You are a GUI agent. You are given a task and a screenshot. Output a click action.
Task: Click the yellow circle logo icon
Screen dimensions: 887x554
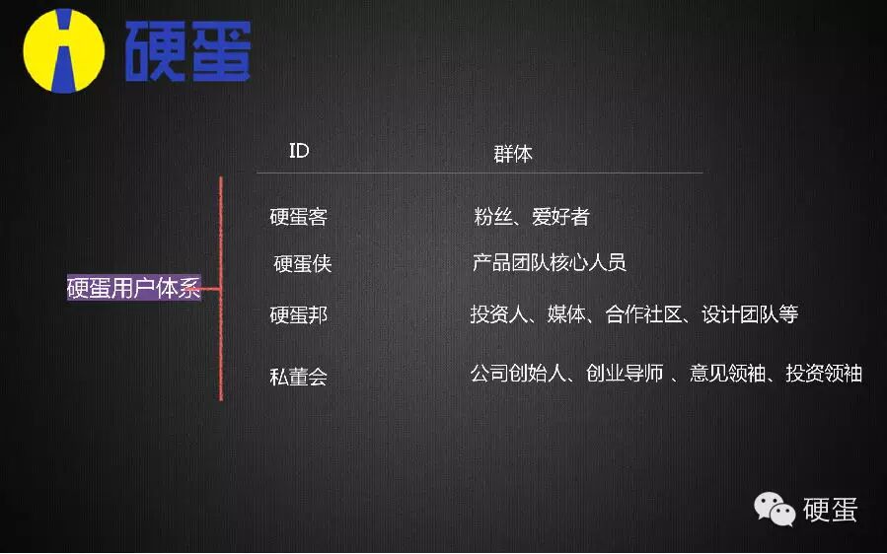click(63, 51)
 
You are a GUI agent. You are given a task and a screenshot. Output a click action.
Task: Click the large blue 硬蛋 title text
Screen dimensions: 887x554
click(187, 51)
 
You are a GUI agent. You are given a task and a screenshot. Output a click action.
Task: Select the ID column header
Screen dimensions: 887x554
click(299, 151)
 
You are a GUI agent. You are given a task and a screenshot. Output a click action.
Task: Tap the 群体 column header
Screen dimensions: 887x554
click(513, 154)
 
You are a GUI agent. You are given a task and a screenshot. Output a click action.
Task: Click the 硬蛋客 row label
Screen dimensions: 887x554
click(298, 218)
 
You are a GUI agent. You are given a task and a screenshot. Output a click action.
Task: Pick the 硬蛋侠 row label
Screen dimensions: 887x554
click(302, 264)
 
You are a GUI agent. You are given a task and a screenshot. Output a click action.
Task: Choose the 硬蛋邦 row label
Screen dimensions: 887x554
click(298, 316)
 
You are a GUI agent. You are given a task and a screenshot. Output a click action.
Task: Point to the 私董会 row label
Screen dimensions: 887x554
click(298, 377)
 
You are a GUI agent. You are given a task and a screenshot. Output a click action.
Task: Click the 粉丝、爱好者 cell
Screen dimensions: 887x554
click(532, 218)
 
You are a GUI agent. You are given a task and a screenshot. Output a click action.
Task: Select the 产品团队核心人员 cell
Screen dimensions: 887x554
click(550, 262)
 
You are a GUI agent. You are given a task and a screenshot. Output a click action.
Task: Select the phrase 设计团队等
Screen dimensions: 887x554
click(750, 315)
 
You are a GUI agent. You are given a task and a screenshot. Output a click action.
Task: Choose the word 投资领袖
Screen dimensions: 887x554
click(824, 375)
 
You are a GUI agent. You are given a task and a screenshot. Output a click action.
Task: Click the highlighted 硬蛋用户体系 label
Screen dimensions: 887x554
click(134, 289)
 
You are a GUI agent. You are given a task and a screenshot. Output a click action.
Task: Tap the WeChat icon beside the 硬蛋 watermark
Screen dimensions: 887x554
click(775, 510)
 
